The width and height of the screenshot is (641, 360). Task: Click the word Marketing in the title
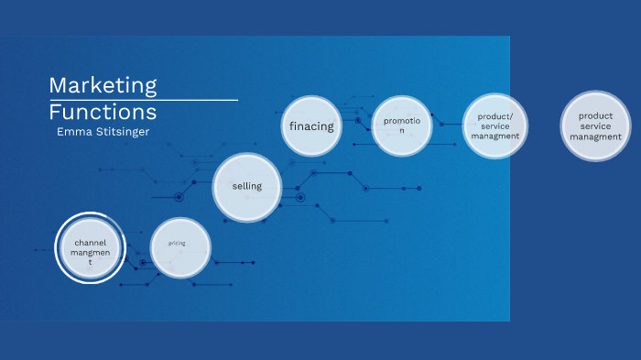(x=103, y=85)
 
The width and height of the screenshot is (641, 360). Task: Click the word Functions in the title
(x=103, y=112)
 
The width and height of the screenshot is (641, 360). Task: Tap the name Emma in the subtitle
(x=73, y=132)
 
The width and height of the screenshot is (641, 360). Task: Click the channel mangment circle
(x=90, y=247)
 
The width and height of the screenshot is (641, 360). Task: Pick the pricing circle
(x=180, y=247)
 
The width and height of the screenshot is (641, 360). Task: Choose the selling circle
(x=246, y=187)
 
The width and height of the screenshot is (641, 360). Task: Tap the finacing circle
(x=311, y=125)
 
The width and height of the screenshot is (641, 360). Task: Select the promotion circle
(x=402, y=125)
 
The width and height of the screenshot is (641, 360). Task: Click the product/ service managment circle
(x=494, y=126)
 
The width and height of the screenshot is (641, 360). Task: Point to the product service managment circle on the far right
(x=595, y=126)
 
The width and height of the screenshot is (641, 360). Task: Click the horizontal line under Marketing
(x=143, y=99)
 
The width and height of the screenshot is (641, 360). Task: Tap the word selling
(x=246, y=186)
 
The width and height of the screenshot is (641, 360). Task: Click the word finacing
(x=311, y=125)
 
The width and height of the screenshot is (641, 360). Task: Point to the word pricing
(x=177, y=244)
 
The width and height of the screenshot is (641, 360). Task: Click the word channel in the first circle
(x=91, y=242)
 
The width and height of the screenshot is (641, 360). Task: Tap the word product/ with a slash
(x=495, y=116)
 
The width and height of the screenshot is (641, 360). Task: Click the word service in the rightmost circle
(x=595, y=126)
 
